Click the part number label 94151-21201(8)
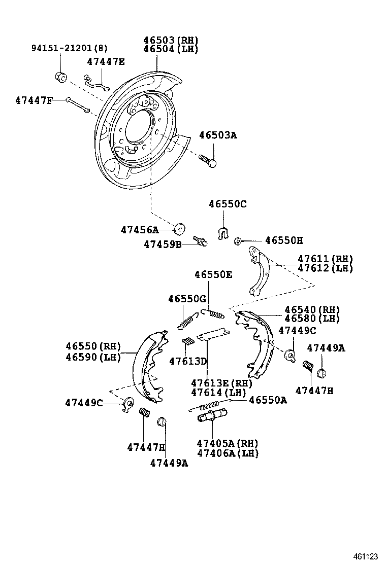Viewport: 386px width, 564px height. click(70, 49)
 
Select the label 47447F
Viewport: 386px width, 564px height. click(34, 100)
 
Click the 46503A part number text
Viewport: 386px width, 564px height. click(218, 135)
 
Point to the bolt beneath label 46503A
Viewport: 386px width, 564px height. click(207, 160)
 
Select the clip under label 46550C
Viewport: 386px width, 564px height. click(222, 233)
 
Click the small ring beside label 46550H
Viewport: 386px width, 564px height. click(237, 241)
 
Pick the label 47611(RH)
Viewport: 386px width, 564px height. click(325, 259)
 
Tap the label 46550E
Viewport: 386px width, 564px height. click(213, 274)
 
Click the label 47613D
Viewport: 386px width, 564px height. click(188, 361)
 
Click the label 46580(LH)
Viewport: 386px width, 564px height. click(312, 319)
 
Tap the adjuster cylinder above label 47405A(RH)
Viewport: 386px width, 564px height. click(213, 418)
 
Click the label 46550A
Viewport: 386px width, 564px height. click(268, 400)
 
